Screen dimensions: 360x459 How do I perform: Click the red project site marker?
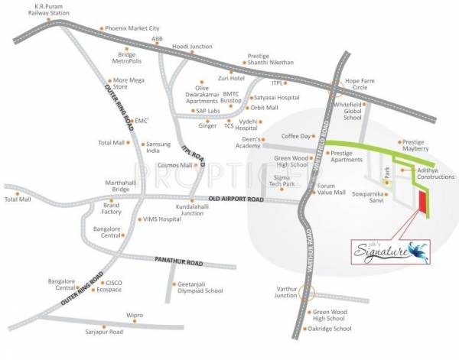point(421,200)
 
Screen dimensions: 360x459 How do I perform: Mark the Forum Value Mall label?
point(331,189)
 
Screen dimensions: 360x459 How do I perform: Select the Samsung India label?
point(158,148)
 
